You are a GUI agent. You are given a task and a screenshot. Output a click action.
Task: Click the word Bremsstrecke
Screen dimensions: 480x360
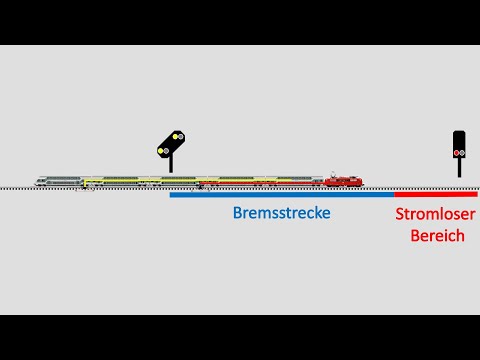[281, 213]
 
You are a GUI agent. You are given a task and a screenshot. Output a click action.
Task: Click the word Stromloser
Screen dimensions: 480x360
[436, 214]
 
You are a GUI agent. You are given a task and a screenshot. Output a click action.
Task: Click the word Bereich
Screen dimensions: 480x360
[437, 235]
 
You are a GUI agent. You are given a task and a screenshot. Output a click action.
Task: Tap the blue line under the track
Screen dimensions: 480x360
[281, 194]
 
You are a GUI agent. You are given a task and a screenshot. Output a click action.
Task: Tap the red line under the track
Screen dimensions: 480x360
[435, 194]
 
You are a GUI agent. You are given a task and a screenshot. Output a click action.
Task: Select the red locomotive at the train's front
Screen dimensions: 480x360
[343, 181]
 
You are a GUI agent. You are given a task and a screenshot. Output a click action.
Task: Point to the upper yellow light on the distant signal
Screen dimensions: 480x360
[176, 136]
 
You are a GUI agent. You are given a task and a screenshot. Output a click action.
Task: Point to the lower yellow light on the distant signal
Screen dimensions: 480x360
[163, 150]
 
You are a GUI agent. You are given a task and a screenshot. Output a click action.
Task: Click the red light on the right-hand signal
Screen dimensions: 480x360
[459, 152]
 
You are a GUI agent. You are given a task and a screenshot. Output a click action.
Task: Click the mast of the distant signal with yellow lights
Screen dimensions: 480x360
[171, 163]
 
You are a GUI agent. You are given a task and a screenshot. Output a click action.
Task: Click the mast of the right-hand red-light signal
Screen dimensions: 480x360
[459, 167]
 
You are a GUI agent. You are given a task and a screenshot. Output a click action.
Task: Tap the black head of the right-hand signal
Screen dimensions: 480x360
[459, 143]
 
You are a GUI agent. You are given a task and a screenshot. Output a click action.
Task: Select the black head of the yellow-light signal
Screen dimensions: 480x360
[171, 144]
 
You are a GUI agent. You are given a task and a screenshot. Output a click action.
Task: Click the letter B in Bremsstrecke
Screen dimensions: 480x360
[237, 213]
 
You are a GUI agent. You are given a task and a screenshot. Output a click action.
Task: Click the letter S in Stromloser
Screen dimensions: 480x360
[400, 214]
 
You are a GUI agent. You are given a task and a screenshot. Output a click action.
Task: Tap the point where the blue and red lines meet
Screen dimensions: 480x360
[394, 194]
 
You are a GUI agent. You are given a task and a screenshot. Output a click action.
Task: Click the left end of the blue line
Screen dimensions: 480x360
[171, 194]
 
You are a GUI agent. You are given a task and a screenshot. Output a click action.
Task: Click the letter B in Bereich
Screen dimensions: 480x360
[414, 235]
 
